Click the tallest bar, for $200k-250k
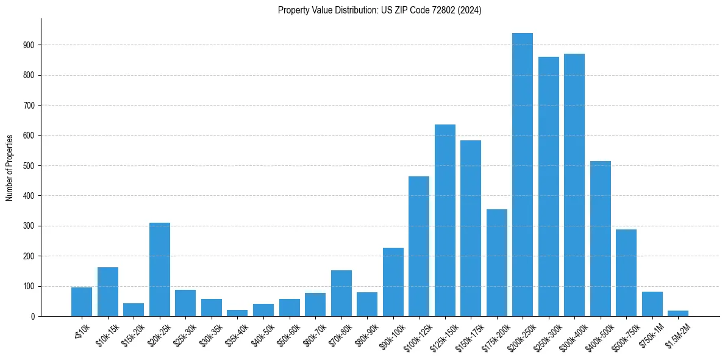pos(523,175)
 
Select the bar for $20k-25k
pos(160,269)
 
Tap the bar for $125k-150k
pos(445,220)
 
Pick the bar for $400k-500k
pos(600,239)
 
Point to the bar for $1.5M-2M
pos(678,313)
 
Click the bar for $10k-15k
pos(108,292)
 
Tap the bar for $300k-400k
pos(574,185)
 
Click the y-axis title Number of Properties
pos(9,167)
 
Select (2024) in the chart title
pos(468,10)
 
